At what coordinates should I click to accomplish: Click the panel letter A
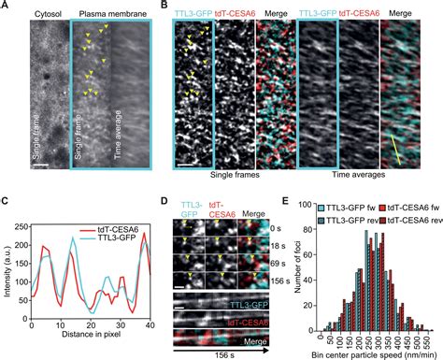coord(6,7)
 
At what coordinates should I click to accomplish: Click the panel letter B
coord(165,7)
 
